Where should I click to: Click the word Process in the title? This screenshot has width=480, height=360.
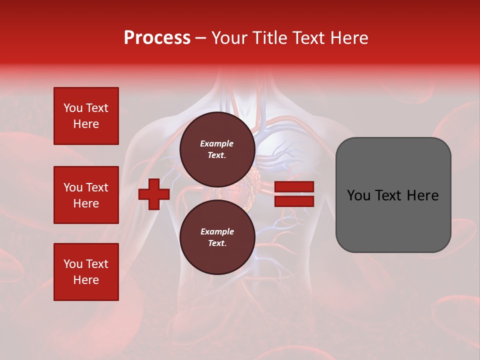point(157,38)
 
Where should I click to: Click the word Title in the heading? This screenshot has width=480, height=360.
point(268,38)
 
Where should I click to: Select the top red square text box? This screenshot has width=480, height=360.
point(86,116)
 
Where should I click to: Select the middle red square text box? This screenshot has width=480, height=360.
point(86,195)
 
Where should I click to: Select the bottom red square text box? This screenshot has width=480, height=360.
point(86,272)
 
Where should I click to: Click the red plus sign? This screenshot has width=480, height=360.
point(154,194)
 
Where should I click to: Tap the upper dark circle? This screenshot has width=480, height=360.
point(217,149)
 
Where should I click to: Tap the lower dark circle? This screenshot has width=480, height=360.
point(217,237)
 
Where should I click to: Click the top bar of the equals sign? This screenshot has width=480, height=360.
point(294,186)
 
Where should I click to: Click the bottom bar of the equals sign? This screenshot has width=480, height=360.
point(294,201)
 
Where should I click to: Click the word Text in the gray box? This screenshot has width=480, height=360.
point(392,195)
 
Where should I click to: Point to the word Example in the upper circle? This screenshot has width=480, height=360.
point(217,143)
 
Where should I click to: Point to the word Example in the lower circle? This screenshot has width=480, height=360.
point(217,231)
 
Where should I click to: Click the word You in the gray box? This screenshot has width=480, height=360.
point(358,195)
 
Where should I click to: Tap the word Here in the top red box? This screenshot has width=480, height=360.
point(86,124)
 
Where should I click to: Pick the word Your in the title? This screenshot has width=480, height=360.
point(228,38)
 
